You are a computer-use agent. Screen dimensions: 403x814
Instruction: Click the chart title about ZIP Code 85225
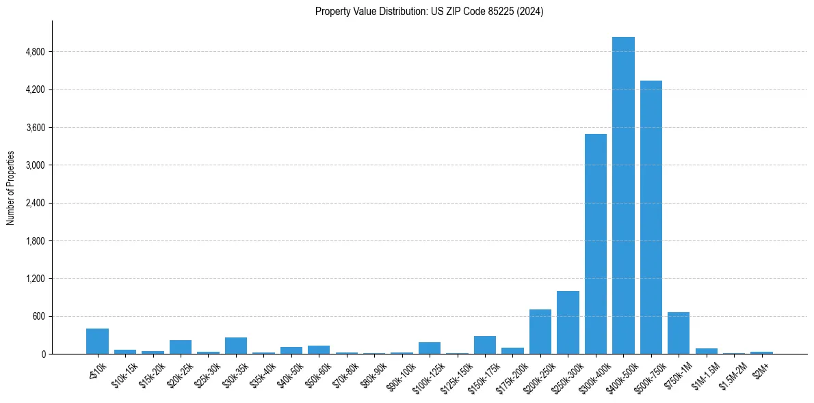(x=429, y=12)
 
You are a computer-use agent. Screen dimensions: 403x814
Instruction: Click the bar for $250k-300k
(x=568, y=322)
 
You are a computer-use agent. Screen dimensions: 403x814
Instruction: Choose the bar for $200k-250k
(x=540, y=332)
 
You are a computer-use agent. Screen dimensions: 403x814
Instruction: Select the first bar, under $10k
(x=97, y=342)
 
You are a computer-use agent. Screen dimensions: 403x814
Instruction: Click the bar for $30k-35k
(x=236, y=346)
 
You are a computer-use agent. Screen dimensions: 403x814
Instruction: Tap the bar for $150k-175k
(x=485, y=345)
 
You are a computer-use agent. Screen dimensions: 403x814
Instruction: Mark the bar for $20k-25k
(x=181, y=347)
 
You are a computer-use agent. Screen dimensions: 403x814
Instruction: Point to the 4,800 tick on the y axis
(x=34, y=52)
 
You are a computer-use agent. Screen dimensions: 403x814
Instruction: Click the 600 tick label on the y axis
(x=38, y=316)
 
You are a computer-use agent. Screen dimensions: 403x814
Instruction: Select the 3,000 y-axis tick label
(x=34, y=165)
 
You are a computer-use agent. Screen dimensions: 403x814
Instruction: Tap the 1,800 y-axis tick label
(x=34, y=241)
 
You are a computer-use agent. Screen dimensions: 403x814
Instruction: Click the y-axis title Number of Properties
(x=11, y=188)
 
